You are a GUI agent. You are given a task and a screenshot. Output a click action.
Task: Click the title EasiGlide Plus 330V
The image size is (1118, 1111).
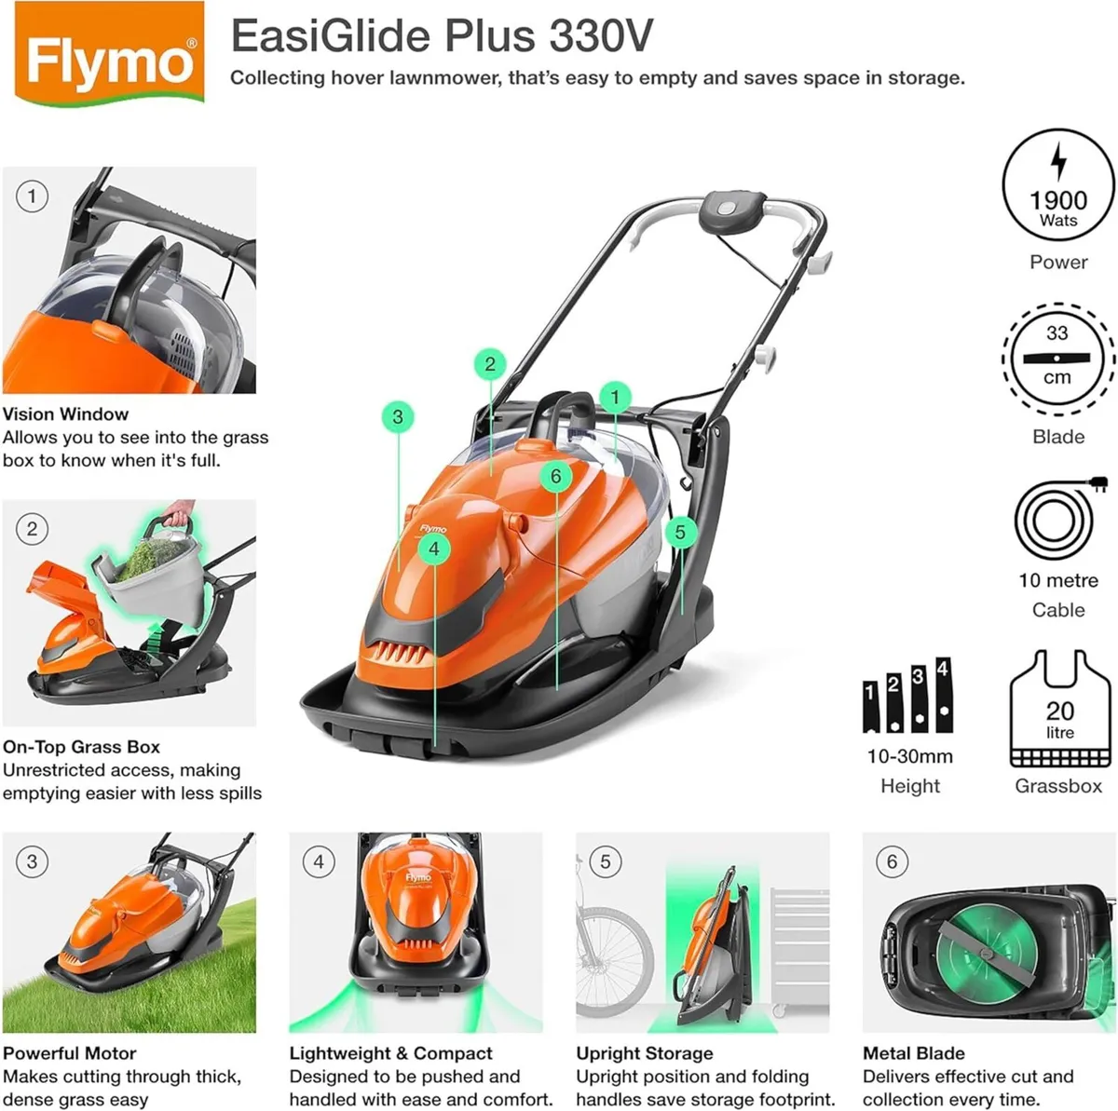[x=441, y=36]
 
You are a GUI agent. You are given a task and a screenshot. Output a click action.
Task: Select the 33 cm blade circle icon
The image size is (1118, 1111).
[x=1057, y=358]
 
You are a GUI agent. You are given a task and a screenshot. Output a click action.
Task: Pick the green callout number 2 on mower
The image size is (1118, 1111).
[x=490, y=364]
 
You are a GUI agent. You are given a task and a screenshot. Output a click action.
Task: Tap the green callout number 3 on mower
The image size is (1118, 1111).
[x=398, y=416]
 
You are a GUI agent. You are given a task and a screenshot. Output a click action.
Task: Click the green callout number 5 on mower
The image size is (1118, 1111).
[x=680, y=532]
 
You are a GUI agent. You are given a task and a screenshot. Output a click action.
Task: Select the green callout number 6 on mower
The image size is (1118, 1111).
[x=556, y=477]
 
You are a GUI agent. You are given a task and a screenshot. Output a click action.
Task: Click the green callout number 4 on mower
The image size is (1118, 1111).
[x=433, y=549]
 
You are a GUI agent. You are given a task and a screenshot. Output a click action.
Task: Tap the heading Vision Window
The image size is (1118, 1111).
[x=65, y=414]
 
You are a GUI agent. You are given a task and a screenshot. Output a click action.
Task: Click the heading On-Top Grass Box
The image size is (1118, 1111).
[x=81, y=747]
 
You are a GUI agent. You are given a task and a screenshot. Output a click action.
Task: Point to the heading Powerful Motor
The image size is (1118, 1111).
[x=70, y=1053]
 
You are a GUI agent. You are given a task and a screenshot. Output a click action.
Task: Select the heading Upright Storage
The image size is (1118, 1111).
[x=645, y=1053]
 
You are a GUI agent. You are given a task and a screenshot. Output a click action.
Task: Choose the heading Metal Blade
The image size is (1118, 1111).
[x=914, y=1053]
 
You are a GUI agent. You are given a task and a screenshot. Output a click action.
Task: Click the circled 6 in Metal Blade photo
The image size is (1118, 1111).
[x=892, y=861]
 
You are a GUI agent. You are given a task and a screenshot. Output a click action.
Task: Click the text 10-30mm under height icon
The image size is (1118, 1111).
[x=909, y=756]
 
